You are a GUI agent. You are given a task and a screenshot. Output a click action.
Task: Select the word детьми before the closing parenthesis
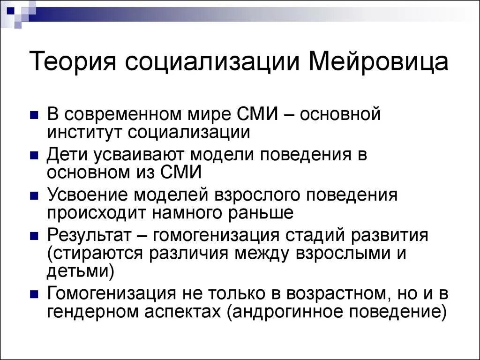pos(77,270)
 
